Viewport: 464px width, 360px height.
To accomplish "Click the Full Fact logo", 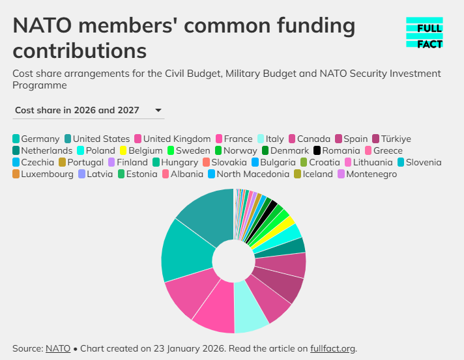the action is coord(424,33).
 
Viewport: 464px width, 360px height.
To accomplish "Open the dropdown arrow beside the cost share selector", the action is coord(158,110).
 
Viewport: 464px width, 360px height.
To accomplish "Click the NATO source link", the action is coord(58,348).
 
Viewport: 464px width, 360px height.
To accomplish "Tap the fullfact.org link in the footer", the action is coord(332,348).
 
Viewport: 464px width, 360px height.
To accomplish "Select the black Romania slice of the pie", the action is coord(265,217).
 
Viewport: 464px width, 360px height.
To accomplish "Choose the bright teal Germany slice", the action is coord(187,251).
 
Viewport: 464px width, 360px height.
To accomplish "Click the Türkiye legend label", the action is coord(396,139).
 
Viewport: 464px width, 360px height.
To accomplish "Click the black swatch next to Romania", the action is coord(317,150).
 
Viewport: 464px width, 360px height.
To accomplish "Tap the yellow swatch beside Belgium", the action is coord(123,150).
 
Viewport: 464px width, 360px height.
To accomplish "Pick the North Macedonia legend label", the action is coord(253,174).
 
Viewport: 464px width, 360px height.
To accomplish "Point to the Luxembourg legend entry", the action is coord(43,174).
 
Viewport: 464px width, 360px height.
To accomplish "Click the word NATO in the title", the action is coord(42,25).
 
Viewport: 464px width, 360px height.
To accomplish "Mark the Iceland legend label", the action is coord(317,174).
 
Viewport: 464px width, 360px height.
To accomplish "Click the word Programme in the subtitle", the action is coord(40,85).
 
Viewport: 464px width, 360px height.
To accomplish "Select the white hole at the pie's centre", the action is coord(234,261).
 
